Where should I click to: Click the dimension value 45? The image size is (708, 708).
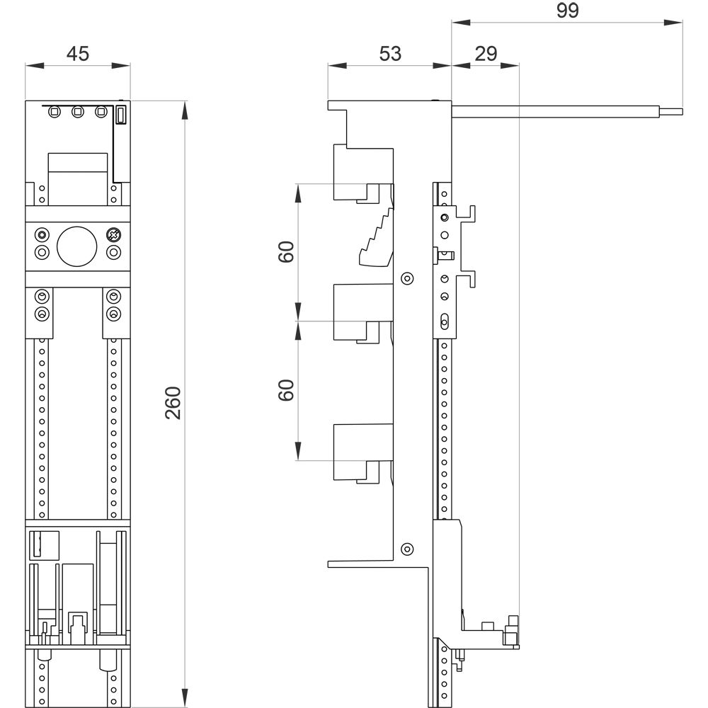point(78,54)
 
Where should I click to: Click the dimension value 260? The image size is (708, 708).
point(173,403)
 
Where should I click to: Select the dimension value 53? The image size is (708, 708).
point(390,54)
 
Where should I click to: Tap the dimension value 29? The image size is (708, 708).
point(486,54)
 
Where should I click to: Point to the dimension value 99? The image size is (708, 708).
point(568,11)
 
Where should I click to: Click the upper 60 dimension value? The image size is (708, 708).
point(286,251)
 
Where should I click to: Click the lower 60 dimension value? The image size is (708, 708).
point(286,390)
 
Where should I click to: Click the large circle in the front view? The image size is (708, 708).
point(76,246)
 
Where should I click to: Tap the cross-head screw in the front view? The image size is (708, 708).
point(113,235)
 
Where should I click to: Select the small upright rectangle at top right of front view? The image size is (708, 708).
point(120,115)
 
